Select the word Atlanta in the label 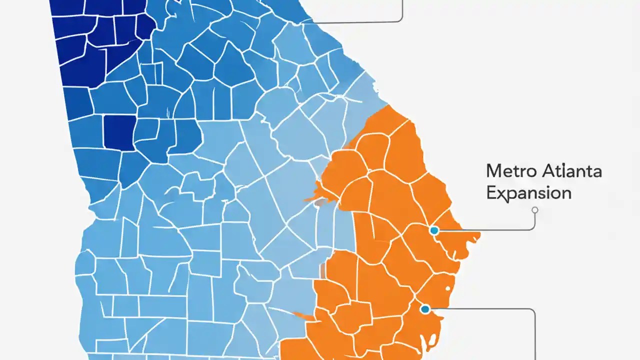click(571, 171)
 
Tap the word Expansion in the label click(528, 192)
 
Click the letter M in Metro click(494, 171)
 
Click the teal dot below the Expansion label click(434, 230)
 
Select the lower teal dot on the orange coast click(425, 309)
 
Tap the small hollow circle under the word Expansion click(534, 210)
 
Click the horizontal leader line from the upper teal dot click(485, 230)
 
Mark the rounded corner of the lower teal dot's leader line click(532, 311)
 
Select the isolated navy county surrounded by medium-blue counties click(119, 132)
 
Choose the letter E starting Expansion click(491, 192)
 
